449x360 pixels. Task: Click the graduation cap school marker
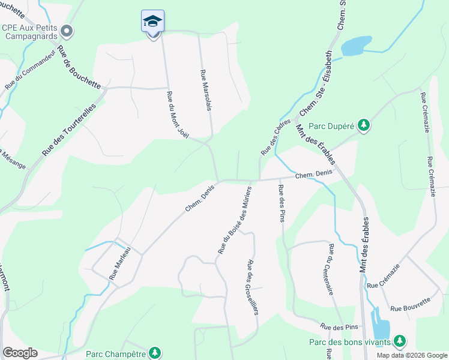[x=152, y=22]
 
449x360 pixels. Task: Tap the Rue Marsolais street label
[x=206, y=89]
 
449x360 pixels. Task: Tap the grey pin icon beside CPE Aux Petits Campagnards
[x=67, y=30]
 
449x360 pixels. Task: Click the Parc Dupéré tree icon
[x=363, y=125]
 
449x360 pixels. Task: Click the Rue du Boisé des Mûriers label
[x=234, y=219]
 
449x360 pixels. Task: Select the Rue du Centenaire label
[x=331, y=269]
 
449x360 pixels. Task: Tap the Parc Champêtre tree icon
[x=155, y=352]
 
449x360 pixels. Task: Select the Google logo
[x=20, y=353]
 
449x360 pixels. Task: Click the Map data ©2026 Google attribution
[x=411, y=355]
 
